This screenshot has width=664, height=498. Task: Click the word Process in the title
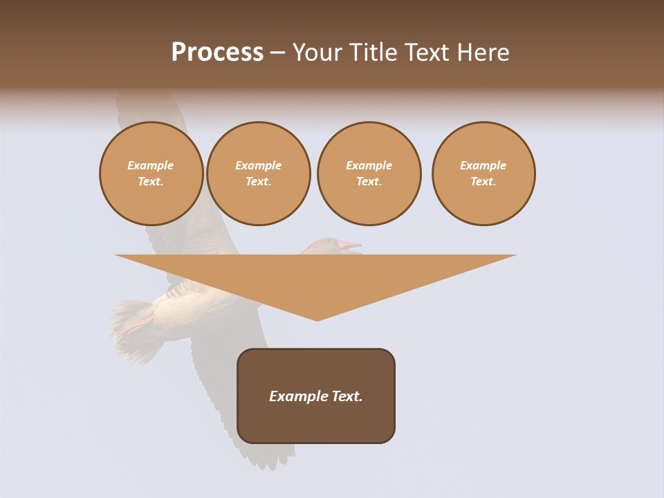(217, 53)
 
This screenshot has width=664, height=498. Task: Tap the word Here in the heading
(482, 53)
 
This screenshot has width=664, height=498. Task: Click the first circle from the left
(151, 174)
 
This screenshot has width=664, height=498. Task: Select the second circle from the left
(259, 174)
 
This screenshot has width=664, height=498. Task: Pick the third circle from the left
(369, 174)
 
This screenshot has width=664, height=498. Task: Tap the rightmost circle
(483, 174)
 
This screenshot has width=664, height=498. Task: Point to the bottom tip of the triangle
(317, 320)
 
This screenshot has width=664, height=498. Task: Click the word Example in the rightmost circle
(483, 165)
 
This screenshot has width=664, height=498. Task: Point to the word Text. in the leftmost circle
(151, 182)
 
